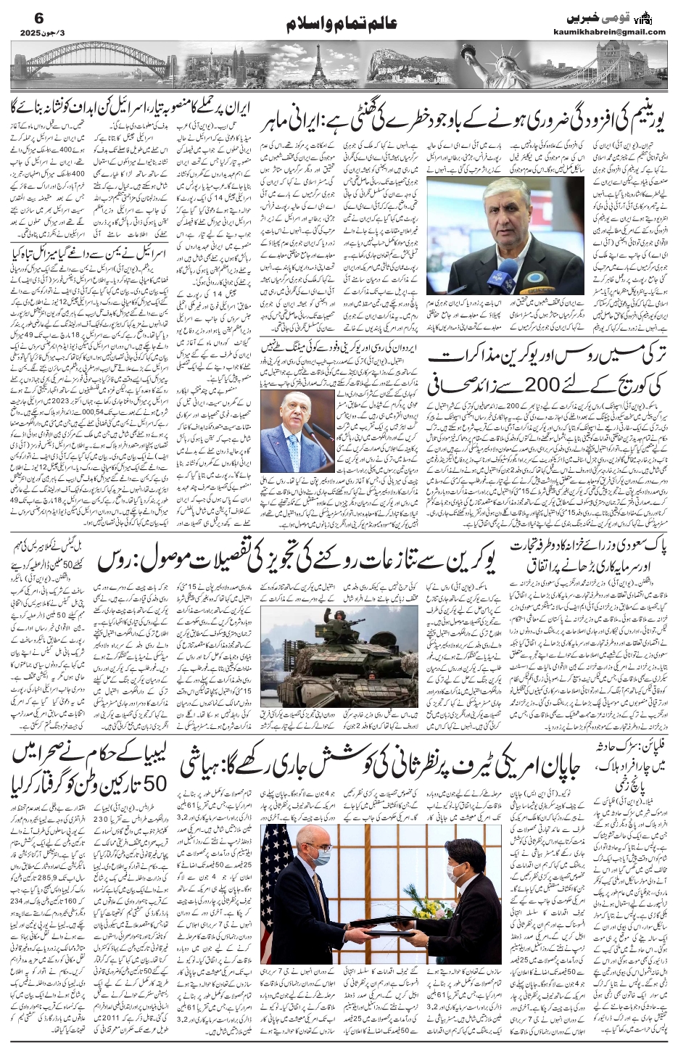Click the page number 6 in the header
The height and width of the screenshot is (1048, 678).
point(19,15)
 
